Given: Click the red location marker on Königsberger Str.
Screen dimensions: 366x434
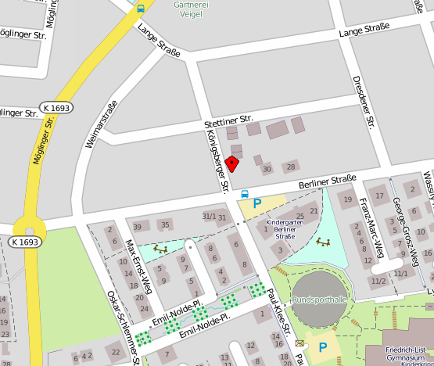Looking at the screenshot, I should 231,163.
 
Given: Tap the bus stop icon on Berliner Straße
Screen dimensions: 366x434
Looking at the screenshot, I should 245,193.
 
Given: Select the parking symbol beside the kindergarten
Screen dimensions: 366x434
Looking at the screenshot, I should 256,203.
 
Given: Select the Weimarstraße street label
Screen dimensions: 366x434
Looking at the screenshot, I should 102,124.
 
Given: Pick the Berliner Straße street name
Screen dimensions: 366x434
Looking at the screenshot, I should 327,181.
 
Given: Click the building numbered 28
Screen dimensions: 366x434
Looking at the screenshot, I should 291,167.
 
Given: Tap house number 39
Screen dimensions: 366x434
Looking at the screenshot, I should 137,227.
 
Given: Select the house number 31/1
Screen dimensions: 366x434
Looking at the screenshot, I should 208,215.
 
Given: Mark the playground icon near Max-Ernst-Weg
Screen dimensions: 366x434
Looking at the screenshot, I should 161,249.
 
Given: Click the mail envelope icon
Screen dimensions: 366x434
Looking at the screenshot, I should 300,343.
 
